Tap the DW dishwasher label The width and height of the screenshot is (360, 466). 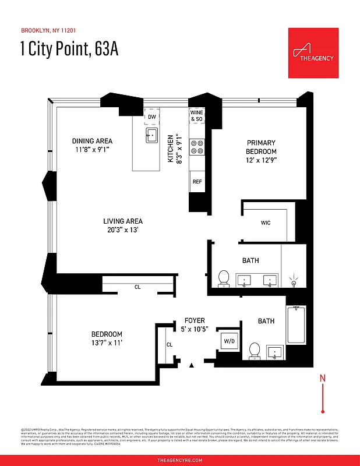[151, 116]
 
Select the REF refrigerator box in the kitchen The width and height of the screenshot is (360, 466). [197, 182]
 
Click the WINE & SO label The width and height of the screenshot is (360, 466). [197, 116]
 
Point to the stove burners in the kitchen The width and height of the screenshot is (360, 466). [197, 147]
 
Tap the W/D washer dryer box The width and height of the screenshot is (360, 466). [228, 341]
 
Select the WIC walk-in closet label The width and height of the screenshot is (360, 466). [266, 223]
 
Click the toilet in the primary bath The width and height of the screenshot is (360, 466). [223, 278]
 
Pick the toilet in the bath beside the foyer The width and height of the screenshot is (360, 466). [254, 350]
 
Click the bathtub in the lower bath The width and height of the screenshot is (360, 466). [297, 325]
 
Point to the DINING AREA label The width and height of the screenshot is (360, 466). [92, 141]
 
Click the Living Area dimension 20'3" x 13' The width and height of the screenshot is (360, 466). [123, 230]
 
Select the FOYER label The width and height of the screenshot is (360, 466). [195, 320]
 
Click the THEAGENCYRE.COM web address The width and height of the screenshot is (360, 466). [180, 460]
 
